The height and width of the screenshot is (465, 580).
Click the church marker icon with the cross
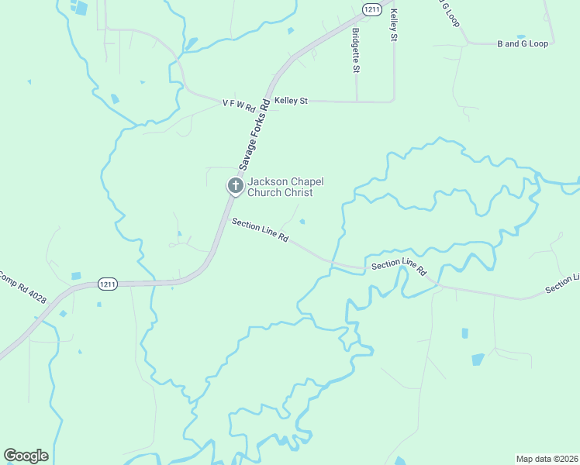pyautogui.click(x=235, y=185)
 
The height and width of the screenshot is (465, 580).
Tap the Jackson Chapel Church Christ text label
pyautogui.click(x=285, y=187)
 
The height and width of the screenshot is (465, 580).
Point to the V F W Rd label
pyautogui.click(x=238, y=103)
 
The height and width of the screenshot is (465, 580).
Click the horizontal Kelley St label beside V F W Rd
pyautogui.click(x=291, y=101)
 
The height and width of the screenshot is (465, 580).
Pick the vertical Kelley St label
pyautogui.click(x=394, y=25)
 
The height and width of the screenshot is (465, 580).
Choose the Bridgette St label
pyautogui.click(x=356, y=51)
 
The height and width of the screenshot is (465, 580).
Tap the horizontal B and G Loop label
pyautogui.click(x=522, y=43)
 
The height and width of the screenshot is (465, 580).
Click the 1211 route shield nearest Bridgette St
pyautogui.click(x=371, y=9)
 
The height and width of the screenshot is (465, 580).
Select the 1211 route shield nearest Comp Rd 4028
pyautogui.click(x=109, y=284)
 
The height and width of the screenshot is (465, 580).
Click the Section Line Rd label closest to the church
pyautogui.click(x=261, y=231)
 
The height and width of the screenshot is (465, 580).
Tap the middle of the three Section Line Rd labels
pyautogui.click(x=399, y=266)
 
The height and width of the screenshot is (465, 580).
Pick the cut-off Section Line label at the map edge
pyautogui.click(x=562, y=284)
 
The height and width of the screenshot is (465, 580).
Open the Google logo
pyautogui.click(x=26, y=456)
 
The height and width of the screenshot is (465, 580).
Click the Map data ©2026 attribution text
pyautogui.click(x=547, y=458)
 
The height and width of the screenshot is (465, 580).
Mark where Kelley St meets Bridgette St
pyautogui.click(x=357, y=101)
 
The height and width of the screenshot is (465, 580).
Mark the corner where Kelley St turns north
pyautogui.click(x=394, y=100)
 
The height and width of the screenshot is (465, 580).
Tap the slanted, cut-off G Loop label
pyautogui.click(x=451, y=12)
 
